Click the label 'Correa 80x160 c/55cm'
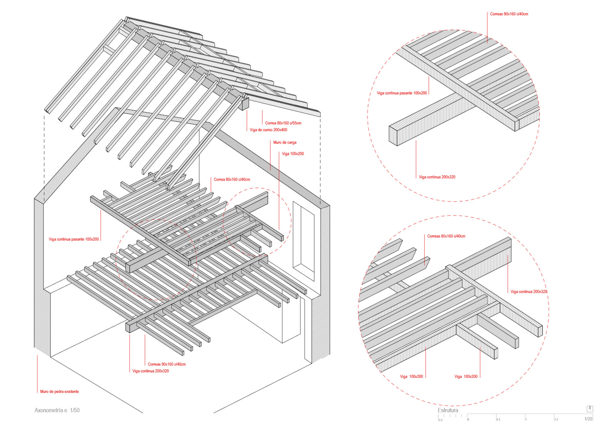point(283,123)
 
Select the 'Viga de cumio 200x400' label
point(268,130)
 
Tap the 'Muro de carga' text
point(284,142)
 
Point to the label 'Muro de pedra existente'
point(59,392)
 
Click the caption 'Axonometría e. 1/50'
point(57,410)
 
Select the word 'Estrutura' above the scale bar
point(448,410)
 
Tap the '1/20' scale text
point(588,419)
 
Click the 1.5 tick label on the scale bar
point(556,419)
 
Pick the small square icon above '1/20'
point(590,408)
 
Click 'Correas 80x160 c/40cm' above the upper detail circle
point(509,14)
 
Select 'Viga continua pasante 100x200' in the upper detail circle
point(402,93)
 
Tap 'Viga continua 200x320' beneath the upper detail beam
point(437,177)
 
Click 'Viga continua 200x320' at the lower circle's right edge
point(529,292)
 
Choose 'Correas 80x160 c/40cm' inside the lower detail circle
point(446,236)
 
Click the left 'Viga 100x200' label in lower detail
point(411,377)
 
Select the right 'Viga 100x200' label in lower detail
point(466,377)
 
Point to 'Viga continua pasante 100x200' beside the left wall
point(74,239)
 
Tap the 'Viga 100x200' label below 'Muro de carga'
point(293,154)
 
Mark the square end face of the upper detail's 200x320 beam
point(393,135)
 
